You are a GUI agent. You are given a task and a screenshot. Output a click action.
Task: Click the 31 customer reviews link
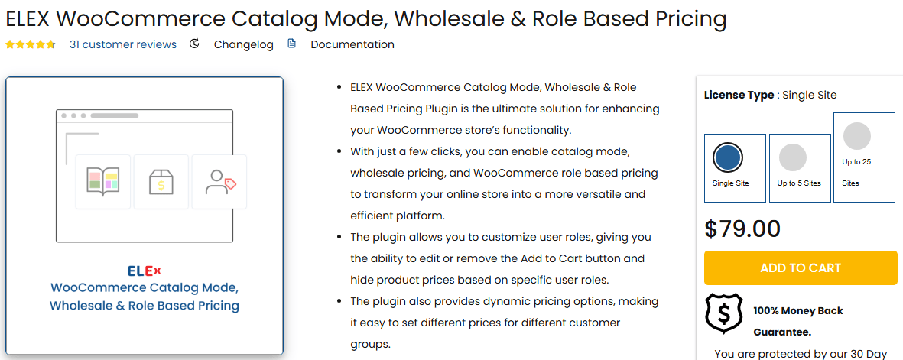point(122,44)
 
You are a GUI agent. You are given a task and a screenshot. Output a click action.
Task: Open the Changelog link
point(244,44)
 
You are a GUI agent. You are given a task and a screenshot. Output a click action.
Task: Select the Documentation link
point(352,44)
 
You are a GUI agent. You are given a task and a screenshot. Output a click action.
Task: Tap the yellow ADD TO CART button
point(801,268)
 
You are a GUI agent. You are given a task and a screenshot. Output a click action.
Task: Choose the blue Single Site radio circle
point(728,157)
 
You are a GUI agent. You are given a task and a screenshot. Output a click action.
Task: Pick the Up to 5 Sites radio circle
point(793,157)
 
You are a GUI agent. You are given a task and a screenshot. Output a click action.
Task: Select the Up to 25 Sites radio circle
point(857,136)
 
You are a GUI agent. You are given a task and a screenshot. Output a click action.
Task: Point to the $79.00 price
point(742,229)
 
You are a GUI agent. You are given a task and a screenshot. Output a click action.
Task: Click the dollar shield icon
point(724,314)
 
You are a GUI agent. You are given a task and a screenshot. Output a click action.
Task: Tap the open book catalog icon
point(102,182)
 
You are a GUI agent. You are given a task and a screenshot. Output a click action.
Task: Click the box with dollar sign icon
point(161,182)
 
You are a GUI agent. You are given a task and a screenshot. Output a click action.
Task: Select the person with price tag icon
point(220,182)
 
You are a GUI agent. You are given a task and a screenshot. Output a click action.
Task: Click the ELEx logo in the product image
point(144,271)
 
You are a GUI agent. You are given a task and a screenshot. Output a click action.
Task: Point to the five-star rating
point(31,44)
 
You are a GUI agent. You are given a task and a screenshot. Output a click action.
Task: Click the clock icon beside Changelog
point(195,44)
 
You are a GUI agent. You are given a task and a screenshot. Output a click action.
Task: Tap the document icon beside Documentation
point(292,44)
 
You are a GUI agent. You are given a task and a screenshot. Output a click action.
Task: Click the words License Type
point(739,95)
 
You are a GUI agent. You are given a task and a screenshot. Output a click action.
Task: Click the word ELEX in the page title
point(28,19)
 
